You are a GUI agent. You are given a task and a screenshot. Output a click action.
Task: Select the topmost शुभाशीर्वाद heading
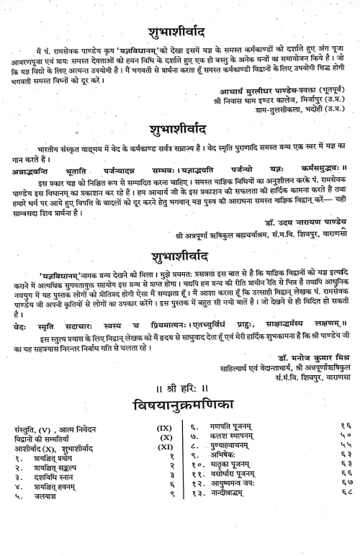179,32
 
